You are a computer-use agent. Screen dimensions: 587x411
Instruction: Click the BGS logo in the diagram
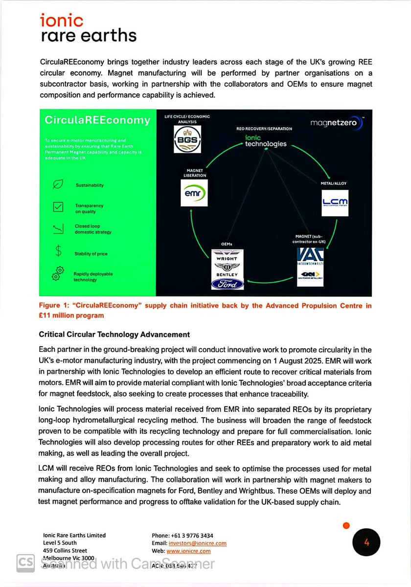click(187, 139)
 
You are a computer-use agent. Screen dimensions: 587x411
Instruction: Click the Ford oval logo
click(227, 284)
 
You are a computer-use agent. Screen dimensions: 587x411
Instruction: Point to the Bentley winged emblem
click(227, 267)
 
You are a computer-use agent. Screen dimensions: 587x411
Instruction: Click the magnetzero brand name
click(337, 123)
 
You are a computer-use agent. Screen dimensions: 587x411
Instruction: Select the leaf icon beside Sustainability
click(58, 184)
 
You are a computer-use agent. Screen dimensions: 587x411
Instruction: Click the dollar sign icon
click(58, 251)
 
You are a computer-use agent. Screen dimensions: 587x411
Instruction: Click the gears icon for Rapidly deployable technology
click(58, 274)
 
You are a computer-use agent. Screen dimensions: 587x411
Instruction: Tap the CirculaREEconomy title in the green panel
click(97, 120)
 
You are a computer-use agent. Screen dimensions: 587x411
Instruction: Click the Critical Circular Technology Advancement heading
click(114, 335)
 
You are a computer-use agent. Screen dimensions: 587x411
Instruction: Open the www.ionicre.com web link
click(188, 551)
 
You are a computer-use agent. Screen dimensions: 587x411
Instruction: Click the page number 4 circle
click(366, 542)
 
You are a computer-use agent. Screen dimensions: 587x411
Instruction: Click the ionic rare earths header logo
click(88, 28)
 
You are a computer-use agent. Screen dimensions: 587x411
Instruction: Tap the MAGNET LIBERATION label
click(195, 173)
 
